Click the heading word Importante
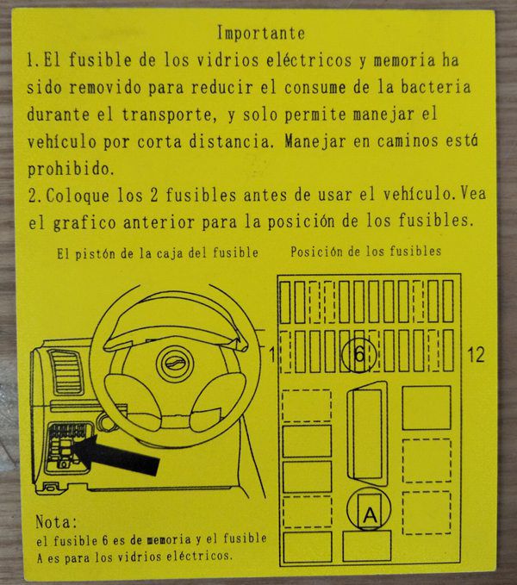261,33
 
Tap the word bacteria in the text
436,87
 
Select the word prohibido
70,169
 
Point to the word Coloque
78,196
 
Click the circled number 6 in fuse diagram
358,354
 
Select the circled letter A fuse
369,510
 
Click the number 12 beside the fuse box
476,354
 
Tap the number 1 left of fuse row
272,354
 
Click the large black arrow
115,455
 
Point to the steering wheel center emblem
175,363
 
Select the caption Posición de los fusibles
365,252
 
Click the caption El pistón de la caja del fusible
158,253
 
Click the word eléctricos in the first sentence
308,60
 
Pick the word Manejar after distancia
315,142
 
